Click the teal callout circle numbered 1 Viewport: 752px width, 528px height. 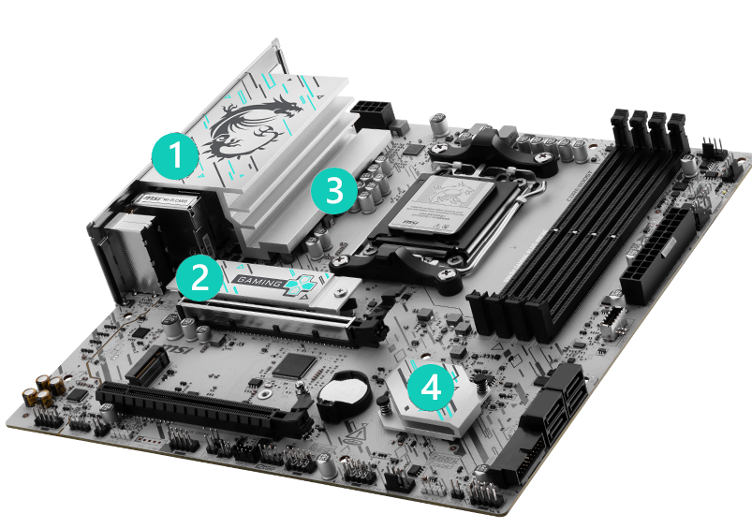pos(175,154)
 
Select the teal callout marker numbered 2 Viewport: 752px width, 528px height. pos(198,277)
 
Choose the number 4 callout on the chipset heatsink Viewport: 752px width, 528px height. pos(431,388)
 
